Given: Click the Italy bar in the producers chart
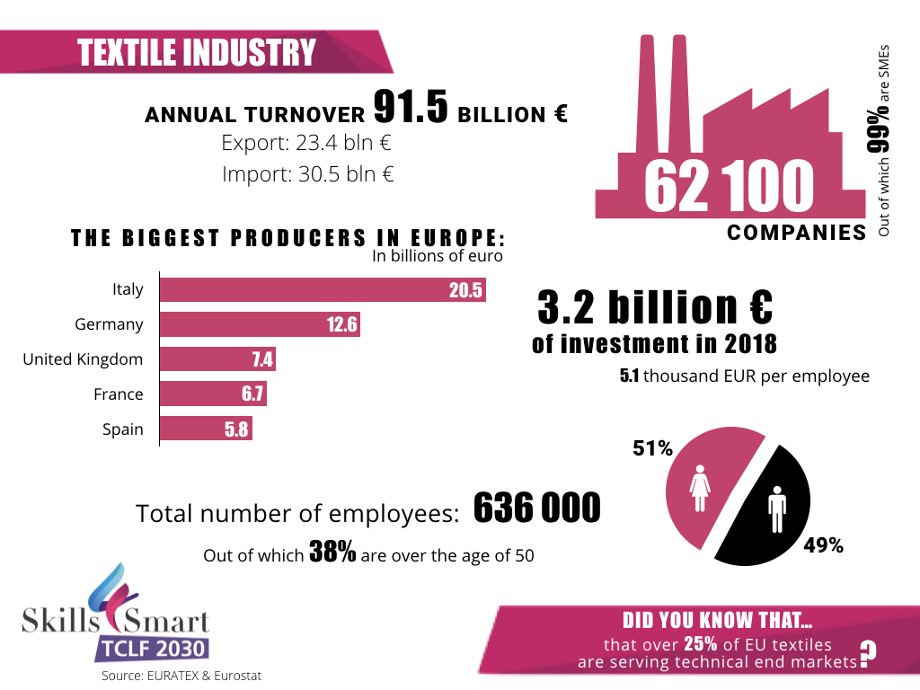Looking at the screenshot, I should pos(322,289).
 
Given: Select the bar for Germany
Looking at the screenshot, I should pos(259,324).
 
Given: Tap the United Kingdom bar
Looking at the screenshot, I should pos(217,359).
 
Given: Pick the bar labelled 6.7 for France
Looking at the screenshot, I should pos(213,394).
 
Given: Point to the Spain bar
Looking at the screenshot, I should pos(206,429).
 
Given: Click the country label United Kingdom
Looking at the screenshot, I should pos(83,359).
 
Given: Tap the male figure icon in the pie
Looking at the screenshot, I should pos(775,511).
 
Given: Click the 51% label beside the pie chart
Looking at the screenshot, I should pos(652,448).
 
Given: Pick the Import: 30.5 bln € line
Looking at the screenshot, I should pos(308,174).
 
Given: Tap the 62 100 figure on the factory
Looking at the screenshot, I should pos(729,186).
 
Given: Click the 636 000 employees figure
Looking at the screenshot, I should pos(536,509).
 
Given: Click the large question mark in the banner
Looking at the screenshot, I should pos(867,655).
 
